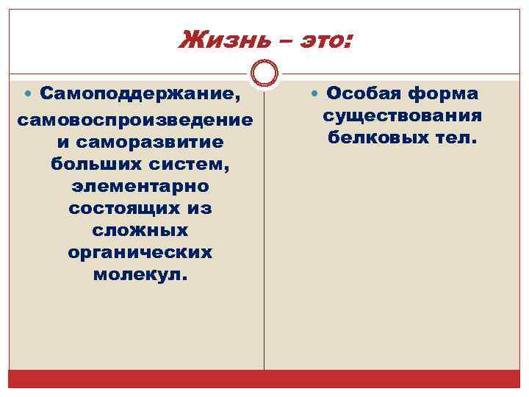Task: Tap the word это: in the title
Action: [x=317, y=37]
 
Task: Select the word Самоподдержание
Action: [x=140, y=94]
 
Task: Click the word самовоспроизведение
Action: [x=134, y=118]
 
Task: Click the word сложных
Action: [x=140, y=230]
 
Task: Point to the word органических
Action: [x=140, y=253]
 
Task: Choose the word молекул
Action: [x=140, y=276]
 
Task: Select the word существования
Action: [x=402, y=116]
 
